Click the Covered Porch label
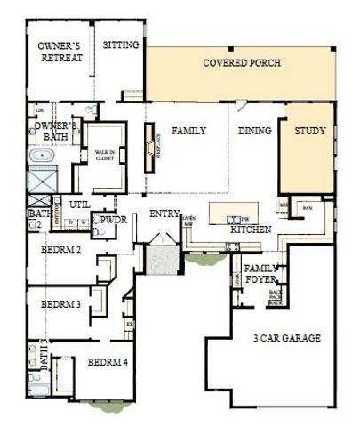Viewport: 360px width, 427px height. [242, 63]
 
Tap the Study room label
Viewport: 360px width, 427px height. [309, 131]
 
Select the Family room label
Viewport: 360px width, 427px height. [188, 131]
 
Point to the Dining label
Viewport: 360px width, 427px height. [254, 131]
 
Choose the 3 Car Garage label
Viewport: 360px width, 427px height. [286, 338]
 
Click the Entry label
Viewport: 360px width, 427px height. [164, 213]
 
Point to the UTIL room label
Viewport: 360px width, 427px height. [80, 205]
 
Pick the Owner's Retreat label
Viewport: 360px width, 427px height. [60, 52]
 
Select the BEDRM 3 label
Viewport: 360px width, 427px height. [60, 304]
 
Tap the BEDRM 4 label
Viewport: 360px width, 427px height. [107, 362]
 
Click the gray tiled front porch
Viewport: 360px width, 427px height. [164, 258]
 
